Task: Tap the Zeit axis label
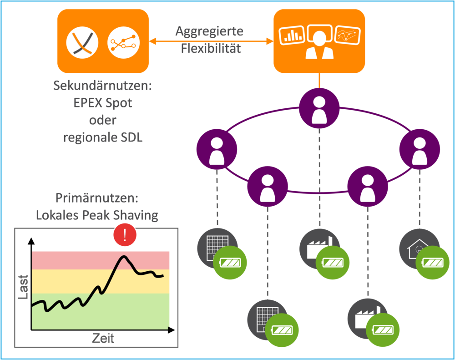point(103,338)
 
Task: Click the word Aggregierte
point(209,31)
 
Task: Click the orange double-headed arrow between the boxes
point(211,41)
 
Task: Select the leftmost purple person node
point(217,150)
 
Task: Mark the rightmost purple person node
point(420,150)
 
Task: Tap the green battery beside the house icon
point(433,263)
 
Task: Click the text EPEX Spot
point(103,102)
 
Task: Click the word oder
point(103,120)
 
